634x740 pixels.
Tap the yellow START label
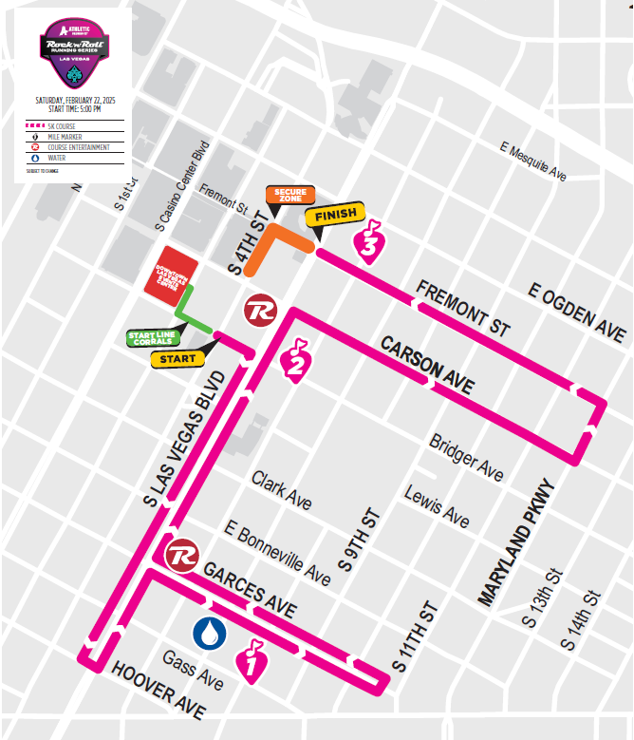click(178, 359)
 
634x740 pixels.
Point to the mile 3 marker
click(369, 240)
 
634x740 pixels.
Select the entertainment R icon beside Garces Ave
click(181, 555)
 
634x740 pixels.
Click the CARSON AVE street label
click(427, 364)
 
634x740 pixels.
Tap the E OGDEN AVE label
click(578, 313)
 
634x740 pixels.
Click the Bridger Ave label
click(466, 458)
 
